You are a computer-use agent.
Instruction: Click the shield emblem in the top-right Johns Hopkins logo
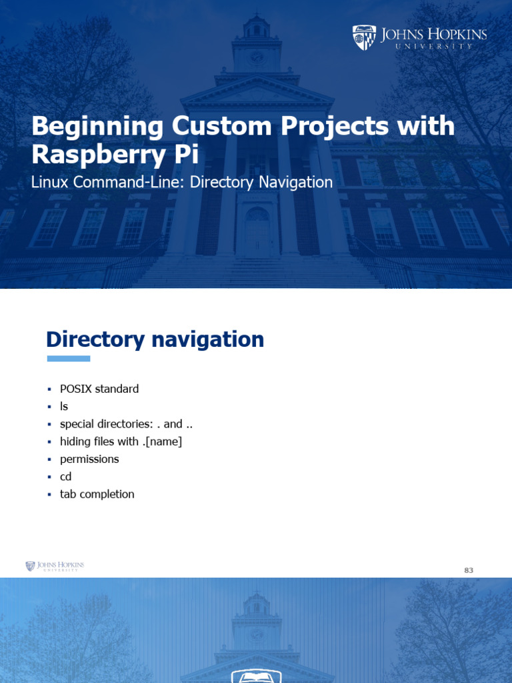coord(364,38)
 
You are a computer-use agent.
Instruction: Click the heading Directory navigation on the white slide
coord(155,339)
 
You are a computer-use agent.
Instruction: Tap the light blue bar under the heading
coord(68,359)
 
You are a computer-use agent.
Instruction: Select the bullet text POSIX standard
coord(99,389)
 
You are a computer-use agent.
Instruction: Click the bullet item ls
coord(64,406)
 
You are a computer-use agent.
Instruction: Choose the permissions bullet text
coord(89,459)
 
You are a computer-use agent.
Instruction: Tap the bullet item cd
coord(65,477)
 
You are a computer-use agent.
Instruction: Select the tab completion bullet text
coord(97,494)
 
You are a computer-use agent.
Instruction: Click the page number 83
coord(469,570)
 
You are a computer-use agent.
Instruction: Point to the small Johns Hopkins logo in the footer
coord(55,566)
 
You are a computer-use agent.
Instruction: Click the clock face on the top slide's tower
coord(256,57)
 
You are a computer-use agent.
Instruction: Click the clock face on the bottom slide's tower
coord(256,634)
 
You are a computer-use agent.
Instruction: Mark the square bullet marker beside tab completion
coord(49,495)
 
